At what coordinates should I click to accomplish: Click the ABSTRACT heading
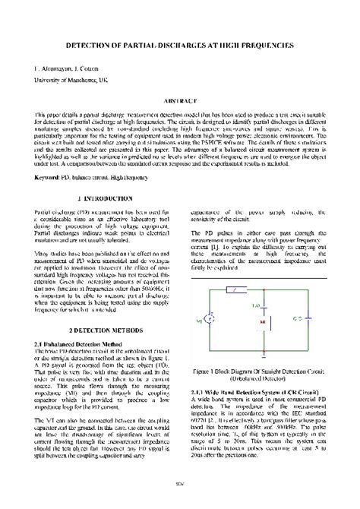tap(180, 100)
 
